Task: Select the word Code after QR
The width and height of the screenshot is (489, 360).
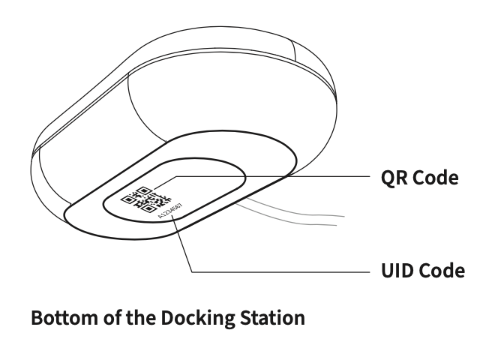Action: tap(434, 178)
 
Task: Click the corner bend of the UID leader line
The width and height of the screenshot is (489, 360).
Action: tap(193, 271)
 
